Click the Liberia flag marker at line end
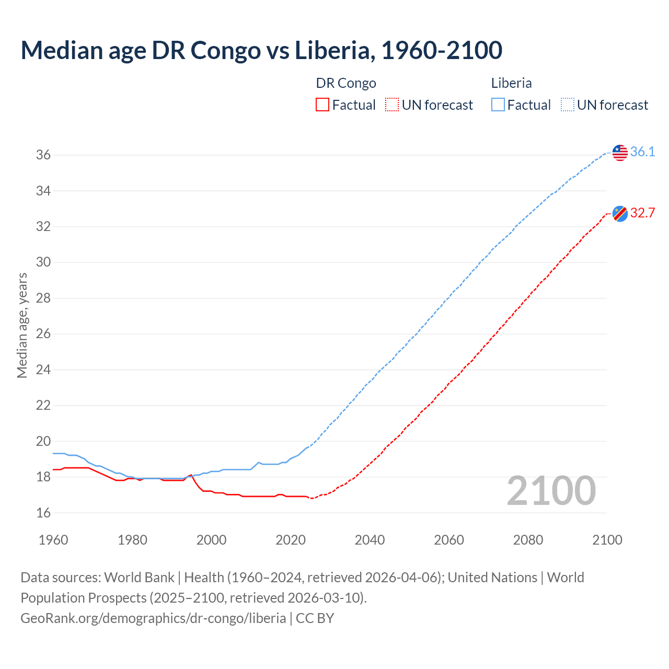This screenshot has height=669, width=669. (x=620, y=153)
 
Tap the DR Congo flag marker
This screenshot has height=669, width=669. (x=620, y=213)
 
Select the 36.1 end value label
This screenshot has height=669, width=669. (x=642, y=152)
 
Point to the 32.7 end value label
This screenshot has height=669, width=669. (x=642, y=213)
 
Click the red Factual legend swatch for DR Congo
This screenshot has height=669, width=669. (x=322, y=105)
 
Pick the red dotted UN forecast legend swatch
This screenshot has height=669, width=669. (x=392, y=105)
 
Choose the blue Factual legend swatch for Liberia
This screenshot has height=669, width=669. (x=498, y=105)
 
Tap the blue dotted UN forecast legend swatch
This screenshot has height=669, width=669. (x=567, y=105)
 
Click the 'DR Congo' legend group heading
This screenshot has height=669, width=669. (x=346, y=83)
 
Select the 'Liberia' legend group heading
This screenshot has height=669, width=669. (x=511, y=83)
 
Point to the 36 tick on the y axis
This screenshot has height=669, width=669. (x=43, y=155)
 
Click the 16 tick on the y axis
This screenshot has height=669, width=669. (x=43, y=513)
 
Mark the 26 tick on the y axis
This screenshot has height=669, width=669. (x=43, y=334)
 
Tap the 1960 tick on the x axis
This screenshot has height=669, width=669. (x=53, y=540)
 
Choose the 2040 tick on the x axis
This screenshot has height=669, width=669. (x=370, y=540)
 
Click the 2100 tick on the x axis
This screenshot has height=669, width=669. (x=607, y=540)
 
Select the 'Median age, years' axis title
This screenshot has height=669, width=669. (x=22, y=325)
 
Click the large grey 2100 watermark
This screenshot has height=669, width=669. (x=551, y=491)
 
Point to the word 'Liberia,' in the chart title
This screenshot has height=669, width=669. (x=334, y=50)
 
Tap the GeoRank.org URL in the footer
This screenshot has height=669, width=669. (x=153, y=618)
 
